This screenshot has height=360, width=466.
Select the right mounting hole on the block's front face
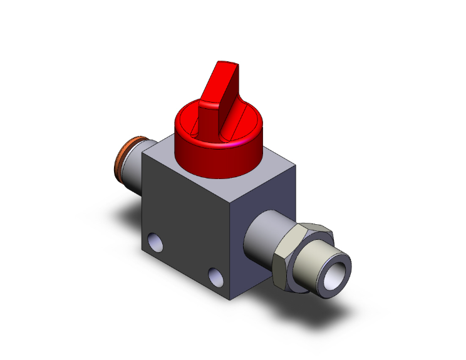[x=215, y=275]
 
